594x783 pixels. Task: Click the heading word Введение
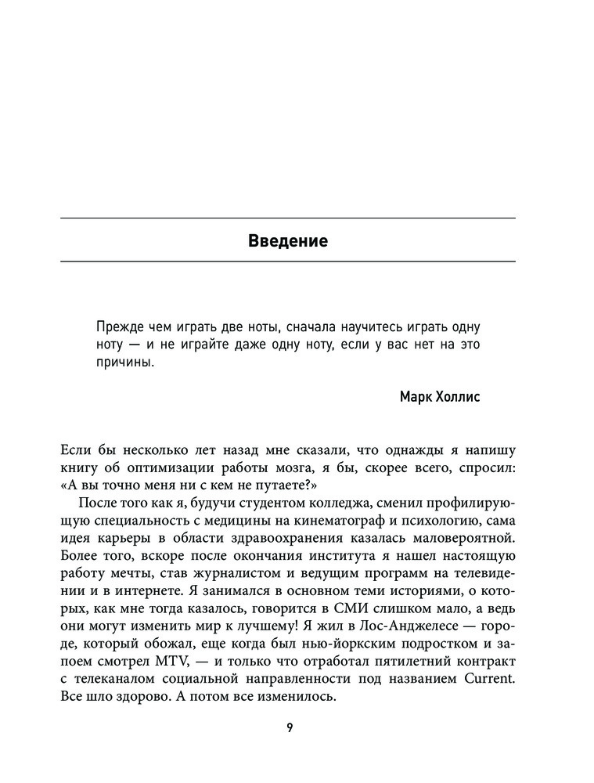[x=287, y=240]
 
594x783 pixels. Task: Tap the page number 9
[x=290, y=727]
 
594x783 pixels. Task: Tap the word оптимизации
[x=156, y=469]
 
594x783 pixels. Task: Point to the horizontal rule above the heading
[x=287, y=217]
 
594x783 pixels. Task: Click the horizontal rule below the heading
[x=287, y=261]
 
